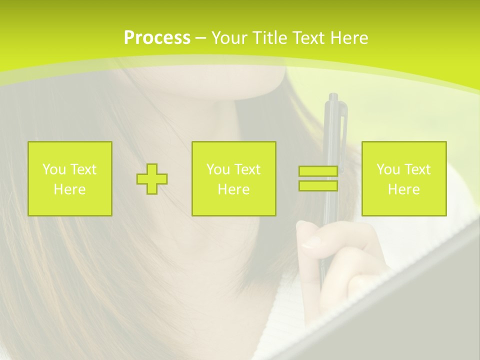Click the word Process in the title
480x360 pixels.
157,38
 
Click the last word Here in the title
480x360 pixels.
349,38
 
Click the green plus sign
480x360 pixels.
152,179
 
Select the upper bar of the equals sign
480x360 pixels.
318,171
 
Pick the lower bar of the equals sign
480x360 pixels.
318,186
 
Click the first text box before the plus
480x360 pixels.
70,179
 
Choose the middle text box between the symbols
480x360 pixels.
234,179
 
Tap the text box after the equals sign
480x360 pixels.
404,179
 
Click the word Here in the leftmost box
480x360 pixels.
70,189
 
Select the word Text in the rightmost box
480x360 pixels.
417,169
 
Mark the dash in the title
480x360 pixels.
201,38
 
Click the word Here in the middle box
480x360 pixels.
234,189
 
